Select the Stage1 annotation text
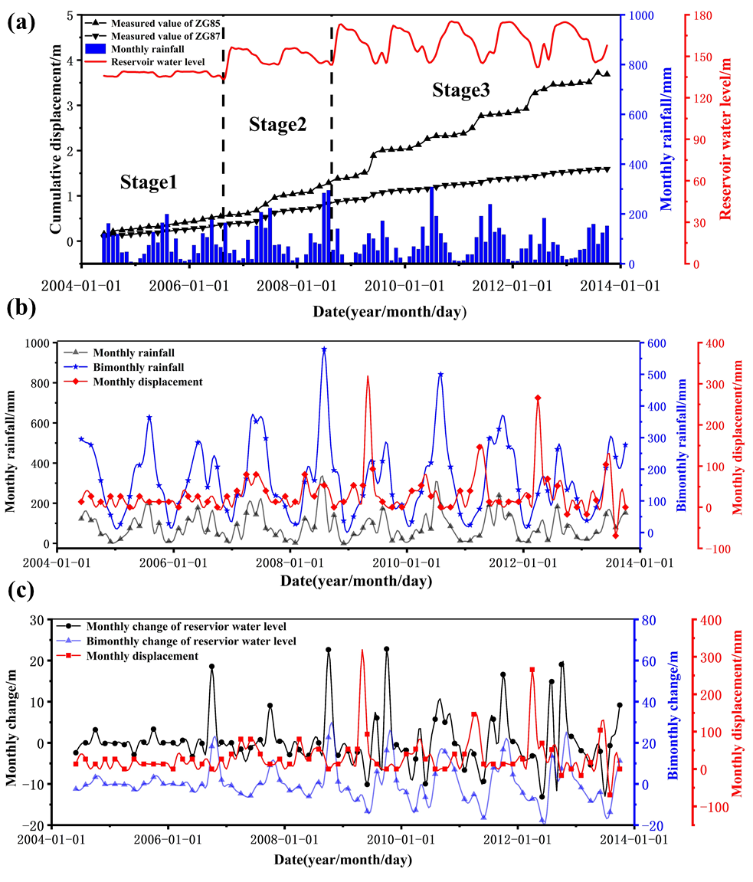coord(149,182)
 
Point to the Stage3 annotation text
coord(461,90)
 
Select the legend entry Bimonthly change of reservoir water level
coord(191,640)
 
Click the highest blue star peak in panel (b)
coord(324,349)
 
